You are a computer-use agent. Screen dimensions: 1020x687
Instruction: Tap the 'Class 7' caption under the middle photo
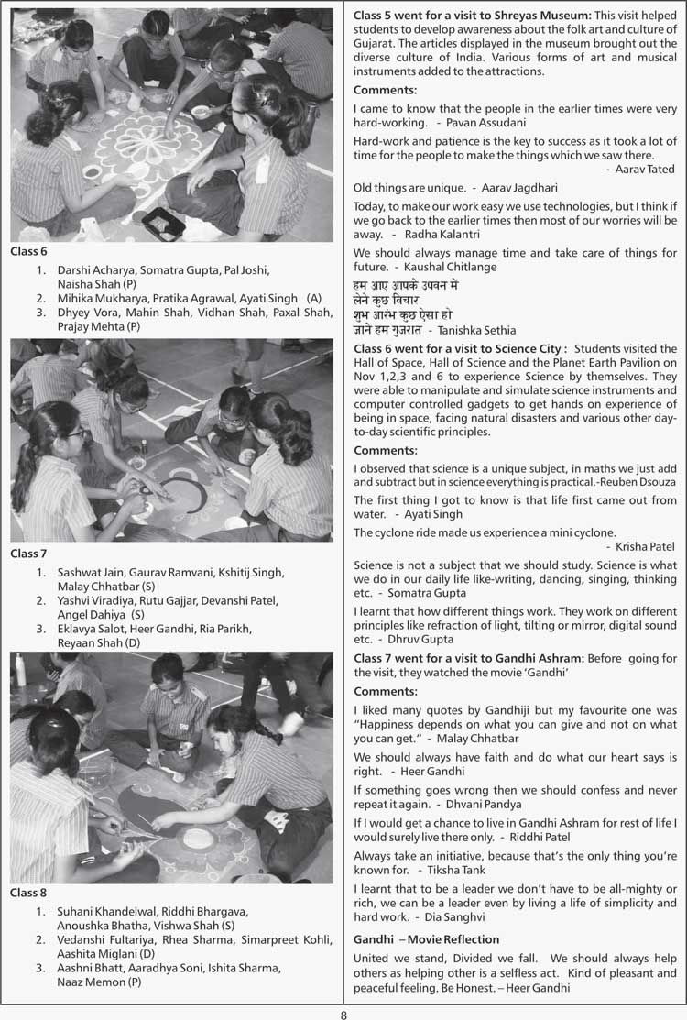click(x=28, y=554)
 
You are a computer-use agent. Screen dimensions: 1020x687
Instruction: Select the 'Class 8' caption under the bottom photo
click(x=28, y=892)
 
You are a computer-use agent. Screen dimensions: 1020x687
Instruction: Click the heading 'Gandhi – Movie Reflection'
click(x=427, y=939)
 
